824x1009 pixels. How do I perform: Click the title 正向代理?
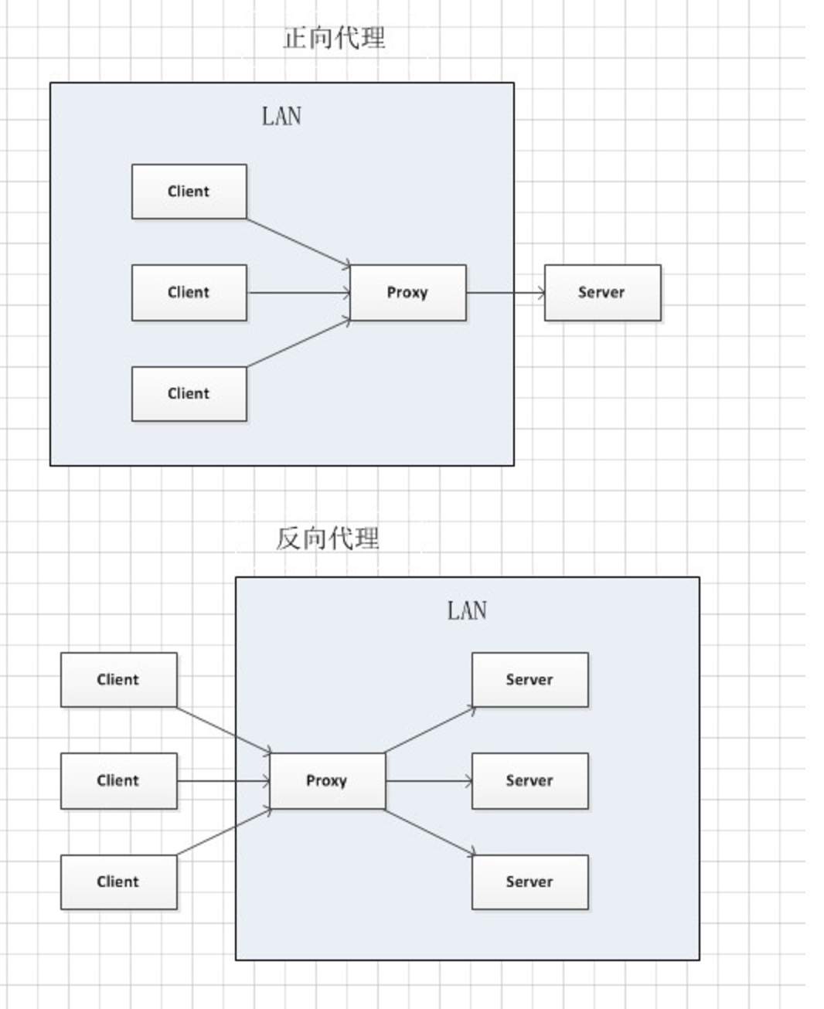[334, 39]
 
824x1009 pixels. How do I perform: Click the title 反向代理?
[328, 538]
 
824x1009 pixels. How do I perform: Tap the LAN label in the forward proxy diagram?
[281, 116]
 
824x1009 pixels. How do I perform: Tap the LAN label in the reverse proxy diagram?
[467, 610]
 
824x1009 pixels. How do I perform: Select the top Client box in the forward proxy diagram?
[189, 192]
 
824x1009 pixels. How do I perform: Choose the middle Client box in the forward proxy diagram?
[189, 293]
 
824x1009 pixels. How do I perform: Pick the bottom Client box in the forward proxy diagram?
[189, 394]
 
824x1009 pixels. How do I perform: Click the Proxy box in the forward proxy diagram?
[408, 293]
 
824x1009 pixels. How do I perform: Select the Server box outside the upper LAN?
[603, 293]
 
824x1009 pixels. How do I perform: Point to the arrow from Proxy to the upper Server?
[506, 293]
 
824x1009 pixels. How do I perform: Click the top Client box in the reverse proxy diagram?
[119, 680]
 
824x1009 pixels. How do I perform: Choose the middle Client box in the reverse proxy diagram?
[119, 781]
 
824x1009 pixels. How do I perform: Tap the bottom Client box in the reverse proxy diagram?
[119, 882]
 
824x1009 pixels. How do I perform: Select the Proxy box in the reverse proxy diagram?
[328, 781]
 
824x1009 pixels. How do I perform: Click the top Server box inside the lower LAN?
[530, 680]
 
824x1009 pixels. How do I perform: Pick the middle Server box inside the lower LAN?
[530, 781]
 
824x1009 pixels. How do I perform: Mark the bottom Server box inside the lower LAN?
[530, 882]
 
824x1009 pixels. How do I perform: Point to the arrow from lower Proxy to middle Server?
[429, 781]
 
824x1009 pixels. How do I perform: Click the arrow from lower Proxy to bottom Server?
[431, 832]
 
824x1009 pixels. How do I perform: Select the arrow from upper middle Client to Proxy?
[299, 293]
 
